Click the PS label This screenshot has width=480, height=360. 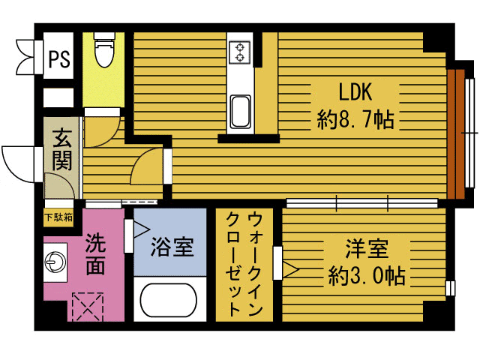(59, 58)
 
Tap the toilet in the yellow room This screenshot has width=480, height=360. (104, 49)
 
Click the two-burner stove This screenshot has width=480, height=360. (239, 52)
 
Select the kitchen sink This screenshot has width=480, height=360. (241, 112)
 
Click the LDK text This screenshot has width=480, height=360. (355, 91)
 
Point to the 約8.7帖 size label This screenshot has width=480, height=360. (355, 118)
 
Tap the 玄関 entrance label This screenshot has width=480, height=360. (62, 150)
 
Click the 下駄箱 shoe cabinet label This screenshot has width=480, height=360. (58, 217)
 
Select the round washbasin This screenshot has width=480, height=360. (55, 262)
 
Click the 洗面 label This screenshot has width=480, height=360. (95, 253)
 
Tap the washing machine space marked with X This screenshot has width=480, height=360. (88, 307)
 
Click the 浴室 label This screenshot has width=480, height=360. (172, 247)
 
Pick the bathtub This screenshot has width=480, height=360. (168, 300)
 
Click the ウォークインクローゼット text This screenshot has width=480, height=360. (244, 264)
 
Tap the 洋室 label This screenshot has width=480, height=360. (367, 248)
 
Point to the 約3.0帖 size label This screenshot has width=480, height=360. (367, 276)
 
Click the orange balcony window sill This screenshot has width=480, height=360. (456, 134)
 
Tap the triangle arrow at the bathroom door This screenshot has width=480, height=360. (141, 229)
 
